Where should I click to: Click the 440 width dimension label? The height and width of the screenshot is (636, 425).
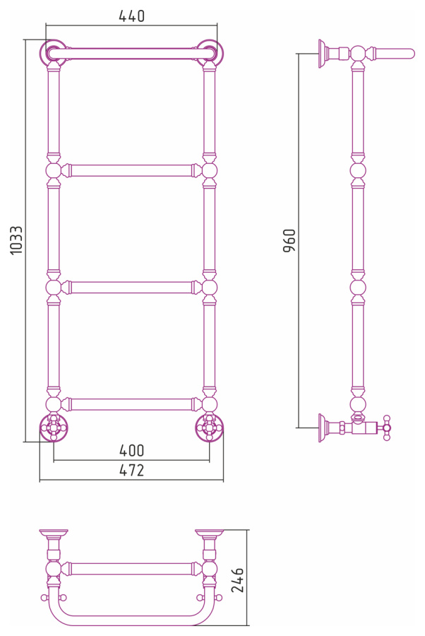[132, 16]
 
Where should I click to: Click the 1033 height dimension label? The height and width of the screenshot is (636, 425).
[17, 240]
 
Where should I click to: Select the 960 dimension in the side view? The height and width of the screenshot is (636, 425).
[289, 240]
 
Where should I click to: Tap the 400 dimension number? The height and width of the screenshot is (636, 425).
[132, 450]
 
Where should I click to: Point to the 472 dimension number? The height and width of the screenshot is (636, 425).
[132, 470]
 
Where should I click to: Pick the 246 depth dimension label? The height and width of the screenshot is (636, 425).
[237, 580]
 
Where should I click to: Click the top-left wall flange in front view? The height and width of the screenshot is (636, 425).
[53, 53]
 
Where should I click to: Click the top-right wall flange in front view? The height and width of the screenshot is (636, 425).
[210, 53]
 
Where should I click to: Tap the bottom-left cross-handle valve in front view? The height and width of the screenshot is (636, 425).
[53, 428]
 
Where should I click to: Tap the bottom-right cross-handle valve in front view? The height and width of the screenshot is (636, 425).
[210, 428]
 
